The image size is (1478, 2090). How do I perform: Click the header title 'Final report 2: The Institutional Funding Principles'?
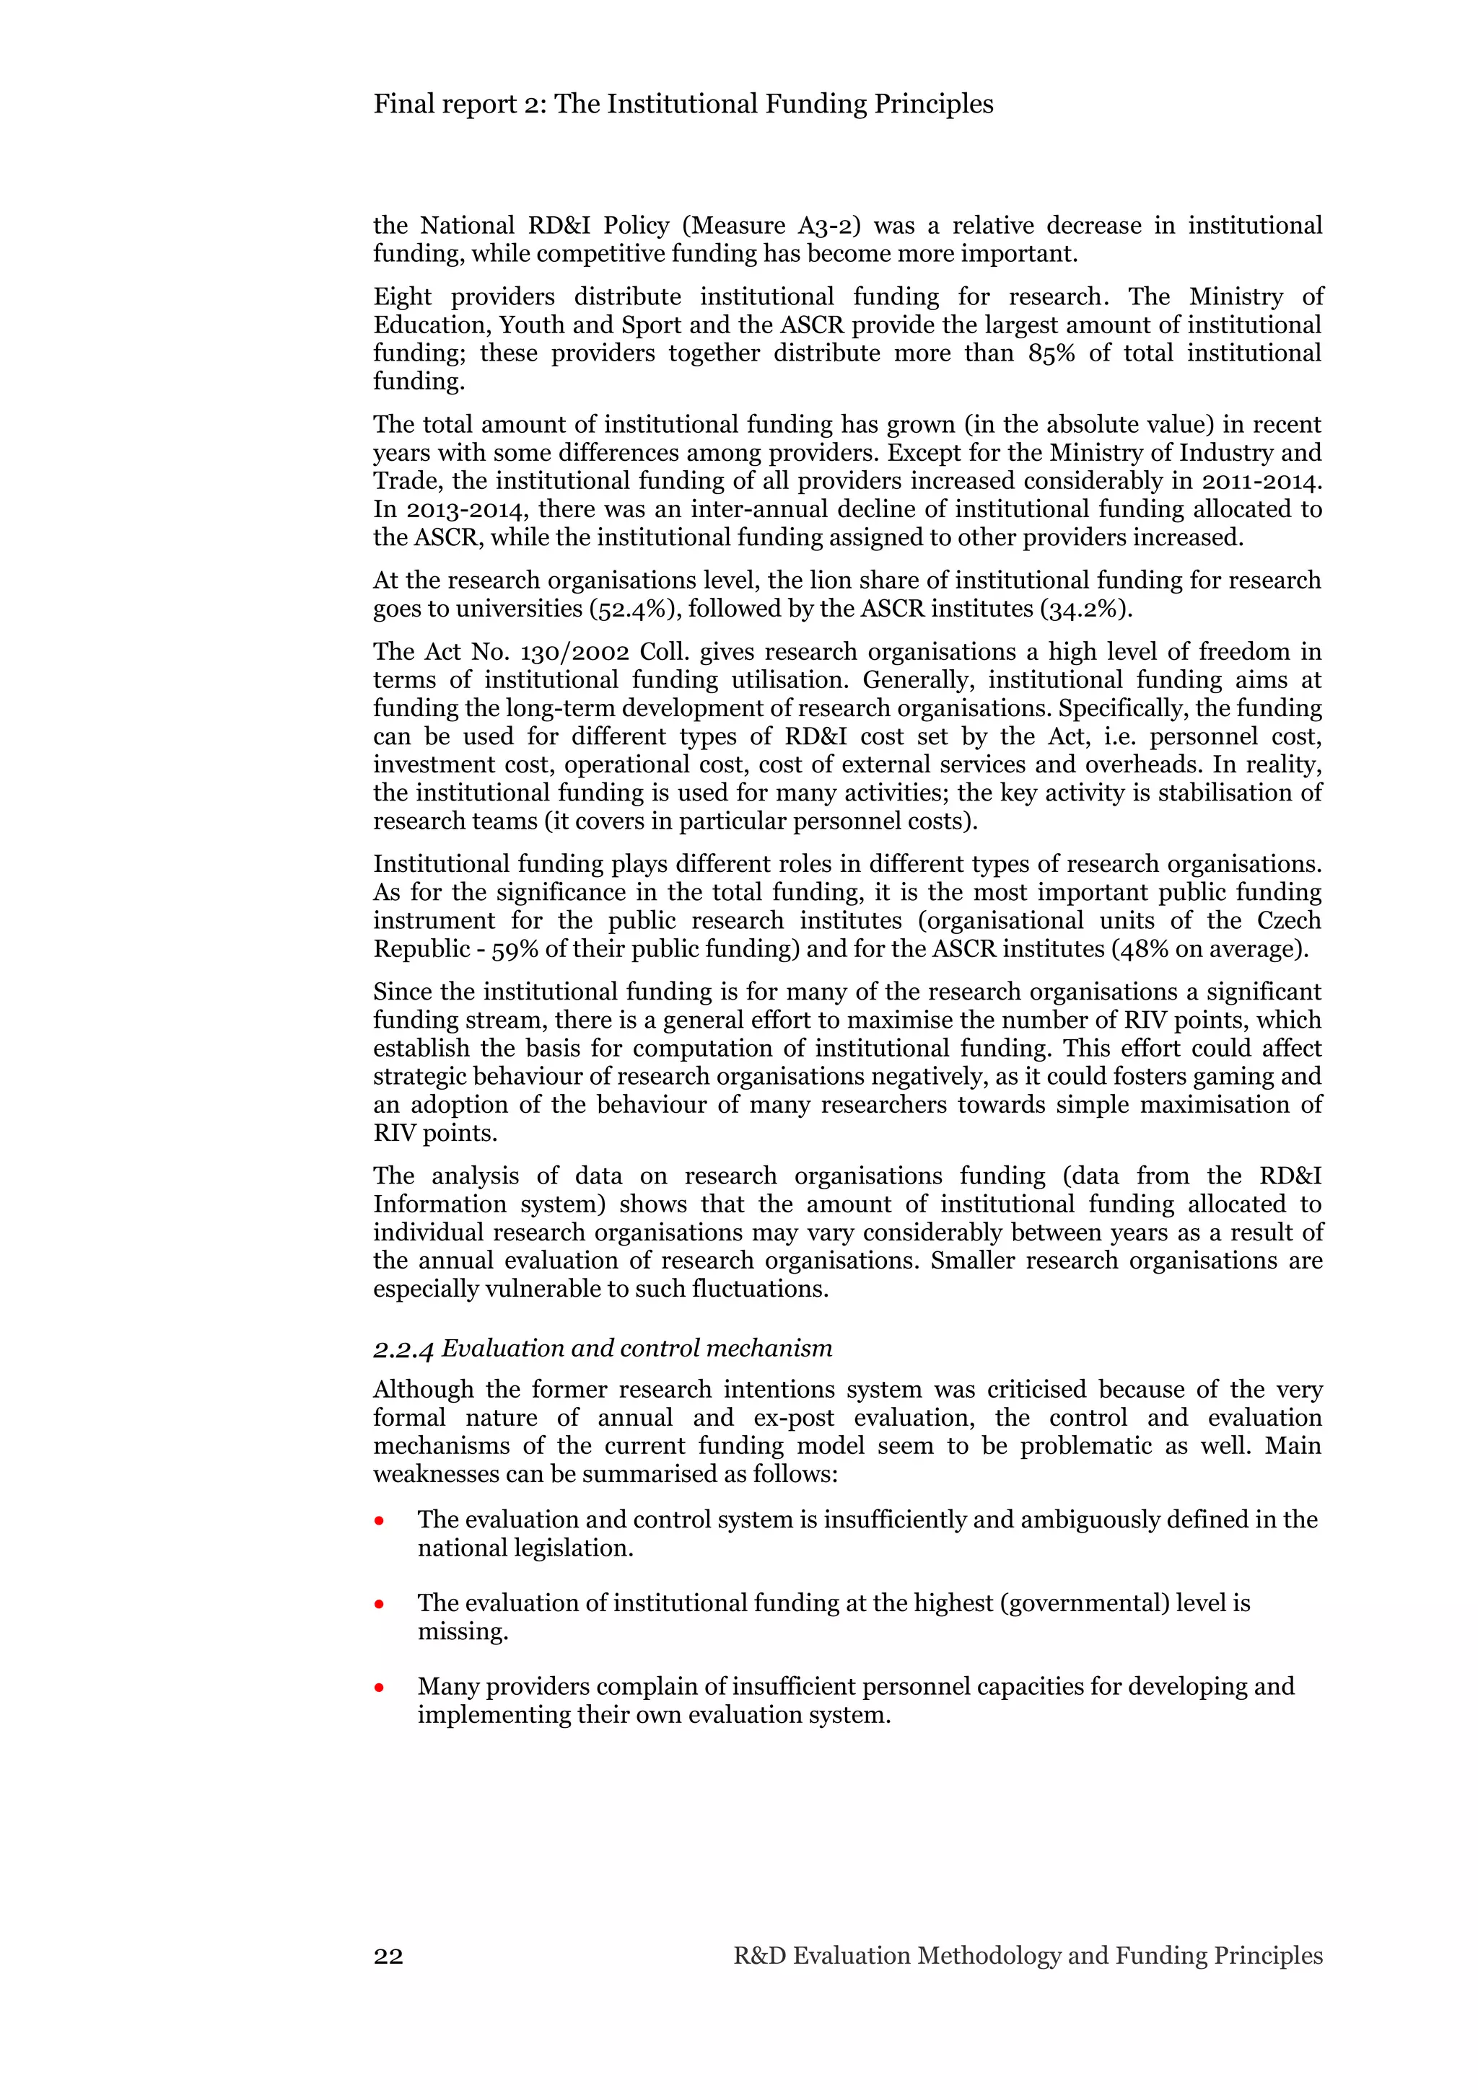point(683,104)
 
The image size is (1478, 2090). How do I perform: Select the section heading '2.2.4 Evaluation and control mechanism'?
point(602,1347)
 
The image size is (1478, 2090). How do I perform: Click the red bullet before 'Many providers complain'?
point(380,1688)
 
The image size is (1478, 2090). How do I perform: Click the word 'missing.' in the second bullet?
point(463,1631)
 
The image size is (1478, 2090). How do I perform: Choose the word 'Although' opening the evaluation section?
point(421,1389)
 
